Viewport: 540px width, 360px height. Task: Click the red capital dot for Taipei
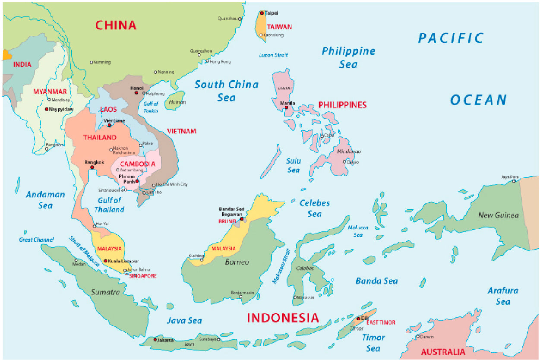(x=262, y=13)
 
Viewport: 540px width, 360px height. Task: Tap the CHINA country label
(x=116, y=25)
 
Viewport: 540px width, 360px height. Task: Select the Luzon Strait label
(x=273, y=55)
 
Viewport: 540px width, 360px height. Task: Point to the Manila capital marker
(x=286, y=107)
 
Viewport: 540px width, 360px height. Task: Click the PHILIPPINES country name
(x=342, y=105)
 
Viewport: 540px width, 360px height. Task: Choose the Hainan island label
(x=177, y=102)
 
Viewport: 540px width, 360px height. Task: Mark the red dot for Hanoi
(x=136, y=93)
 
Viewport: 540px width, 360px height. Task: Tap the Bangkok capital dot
(x=92, y=167)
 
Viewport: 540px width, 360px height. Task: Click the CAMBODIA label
(x=137, y=164)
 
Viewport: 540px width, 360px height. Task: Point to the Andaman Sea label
(x=45, y=200)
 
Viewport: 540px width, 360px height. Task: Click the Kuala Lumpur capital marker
(x=106, y=261)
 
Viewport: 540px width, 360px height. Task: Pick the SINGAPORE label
(x=143, y=276)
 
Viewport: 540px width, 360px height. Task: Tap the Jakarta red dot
(x=155, y=340)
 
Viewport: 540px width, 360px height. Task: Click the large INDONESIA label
(x=283, y=318)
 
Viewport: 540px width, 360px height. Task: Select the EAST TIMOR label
(x=380, y=322)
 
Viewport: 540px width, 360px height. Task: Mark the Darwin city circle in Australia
(x=417, y=336)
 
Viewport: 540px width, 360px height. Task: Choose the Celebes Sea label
(x=315, y=208)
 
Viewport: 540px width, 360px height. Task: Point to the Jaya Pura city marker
(x=514, y=181)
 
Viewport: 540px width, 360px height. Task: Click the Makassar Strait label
(x=281, y=266)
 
